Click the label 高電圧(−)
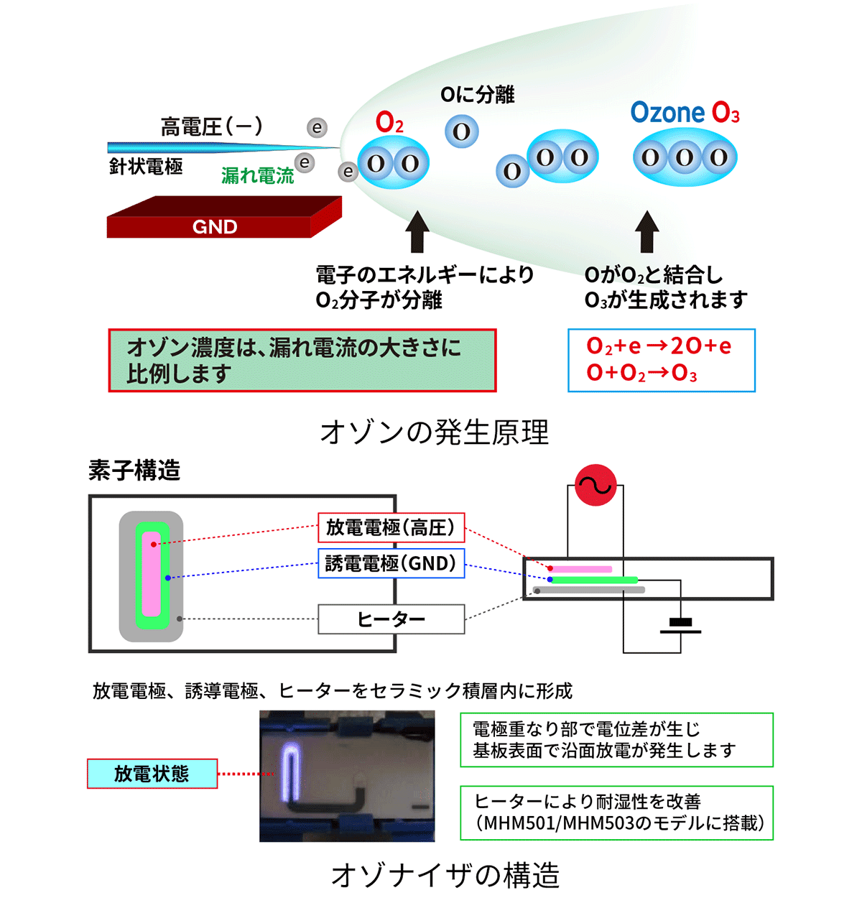click(x=211, y=127)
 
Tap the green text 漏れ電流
click(x=257, y=175)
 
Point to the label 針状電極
click(x=146, y=167)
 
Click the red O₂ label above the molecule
click(x=389, y=123)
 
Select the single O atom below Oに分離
click(x=461, y=132)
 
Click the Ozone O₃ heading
click(x=684, y=113)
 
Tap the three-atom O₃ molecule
click(x=685, y=157)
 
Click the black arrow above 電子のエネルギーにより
click(x=417, y=231)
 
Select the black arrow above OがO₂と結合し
click(x=647, y=231)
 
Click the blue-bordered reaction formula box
click(x=661, y=360)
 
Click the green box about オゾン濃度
click(x=302, y=360)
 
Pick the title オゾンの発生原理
click(x=434, y=432)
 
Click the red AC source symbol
click(x=595, y=485)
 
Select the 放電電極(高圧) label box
click(x=391, y=528)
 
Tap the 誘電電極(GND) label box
click(x=391, y=563)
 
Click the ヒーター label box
click(x=391, y=619)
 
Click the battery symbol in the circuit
click(x=680, y=626)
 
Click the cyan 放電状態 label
click(x=152, y=774)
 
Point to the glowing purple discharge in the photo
click(x=291, y=772)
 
